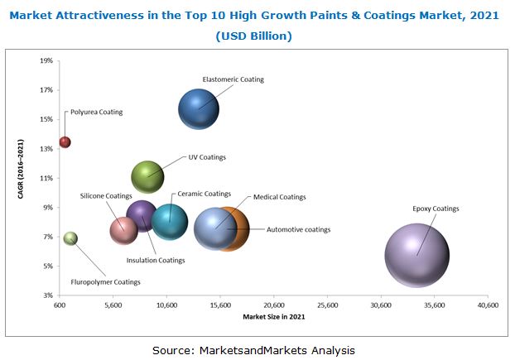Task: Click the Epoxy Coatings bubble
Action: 416,256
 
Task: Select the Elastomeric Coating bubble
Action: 199,109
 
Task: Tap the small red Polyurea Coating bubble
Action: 65,142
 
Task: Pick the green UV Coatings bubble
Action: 147,175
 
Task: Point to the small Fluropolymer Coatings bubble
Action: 70,238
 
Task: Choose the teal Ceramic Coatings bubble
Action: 170,220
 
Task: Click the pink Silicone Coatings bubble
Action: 123,230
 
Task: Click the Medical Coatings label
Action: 280,197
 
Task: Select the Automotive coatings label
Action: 298,229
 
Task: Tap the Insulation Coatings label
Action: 156,261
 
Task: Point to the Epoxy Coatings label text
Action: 436,209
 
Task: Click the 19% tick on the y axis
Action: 46,60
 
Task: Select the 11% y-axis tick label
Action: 46,178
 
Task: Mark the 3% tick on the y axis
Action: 48,295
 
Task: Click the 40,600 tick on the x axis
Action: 488,305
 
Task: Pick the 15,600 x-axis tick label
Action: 220,305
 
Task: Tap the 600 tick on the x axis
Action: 60,305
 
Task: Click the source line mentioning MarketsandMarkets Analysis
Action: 253,350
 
